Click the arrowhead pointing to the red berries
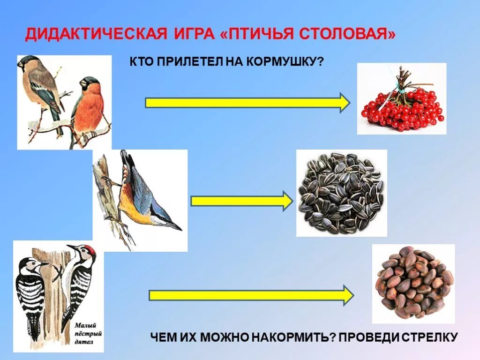(344, 103)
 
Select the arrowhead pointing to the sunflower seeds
(286, 201)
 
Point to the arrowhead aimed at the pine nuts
(347, 295)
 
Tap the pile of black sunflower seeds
(341, 193)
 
